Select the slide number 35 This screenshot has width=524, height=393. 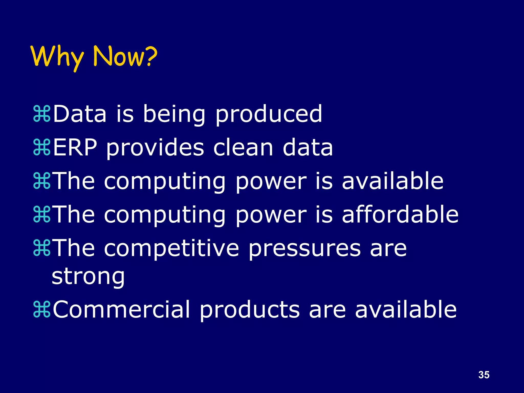[x=484, y=375]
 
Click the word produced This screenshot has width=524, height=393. [x=268, y=114]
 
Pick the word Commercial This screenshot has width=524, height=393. [x=121, y=310]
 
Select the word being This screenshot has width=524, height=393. [x=174, y=114]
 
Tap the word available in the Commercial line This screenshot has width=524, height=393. [x=406, y=310]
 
